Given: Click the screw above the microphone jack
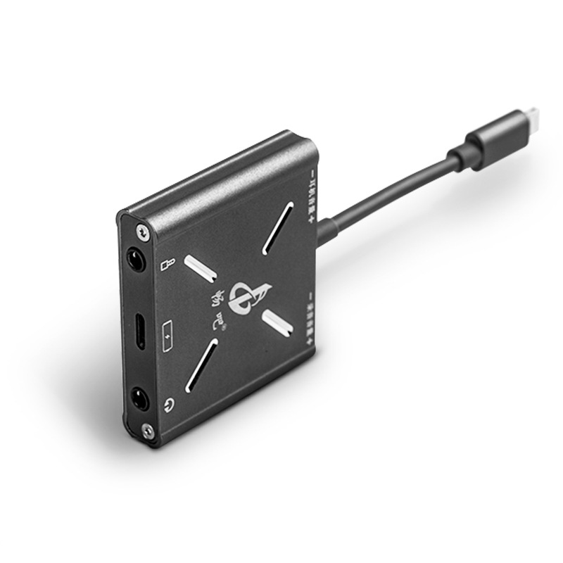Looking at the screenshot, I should coord(144,230).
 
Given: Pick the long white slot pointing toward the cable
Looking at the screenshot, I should coord(278,228).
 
